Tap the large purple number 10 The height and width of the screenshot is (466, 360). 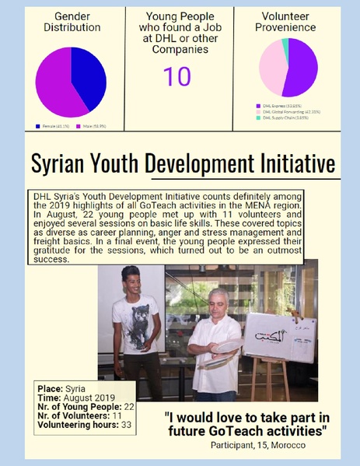[x=177, y=76]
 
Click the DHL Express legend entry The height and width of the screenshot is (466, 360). [x=283, y=105]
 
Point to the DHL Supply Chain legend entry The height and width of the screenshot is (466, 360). [x=285, y=117]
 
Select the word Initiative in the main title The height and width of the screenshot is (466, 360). [x=295, y=164]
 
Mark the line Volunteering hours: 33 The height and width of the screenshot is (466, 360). [x=83, y=425]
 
